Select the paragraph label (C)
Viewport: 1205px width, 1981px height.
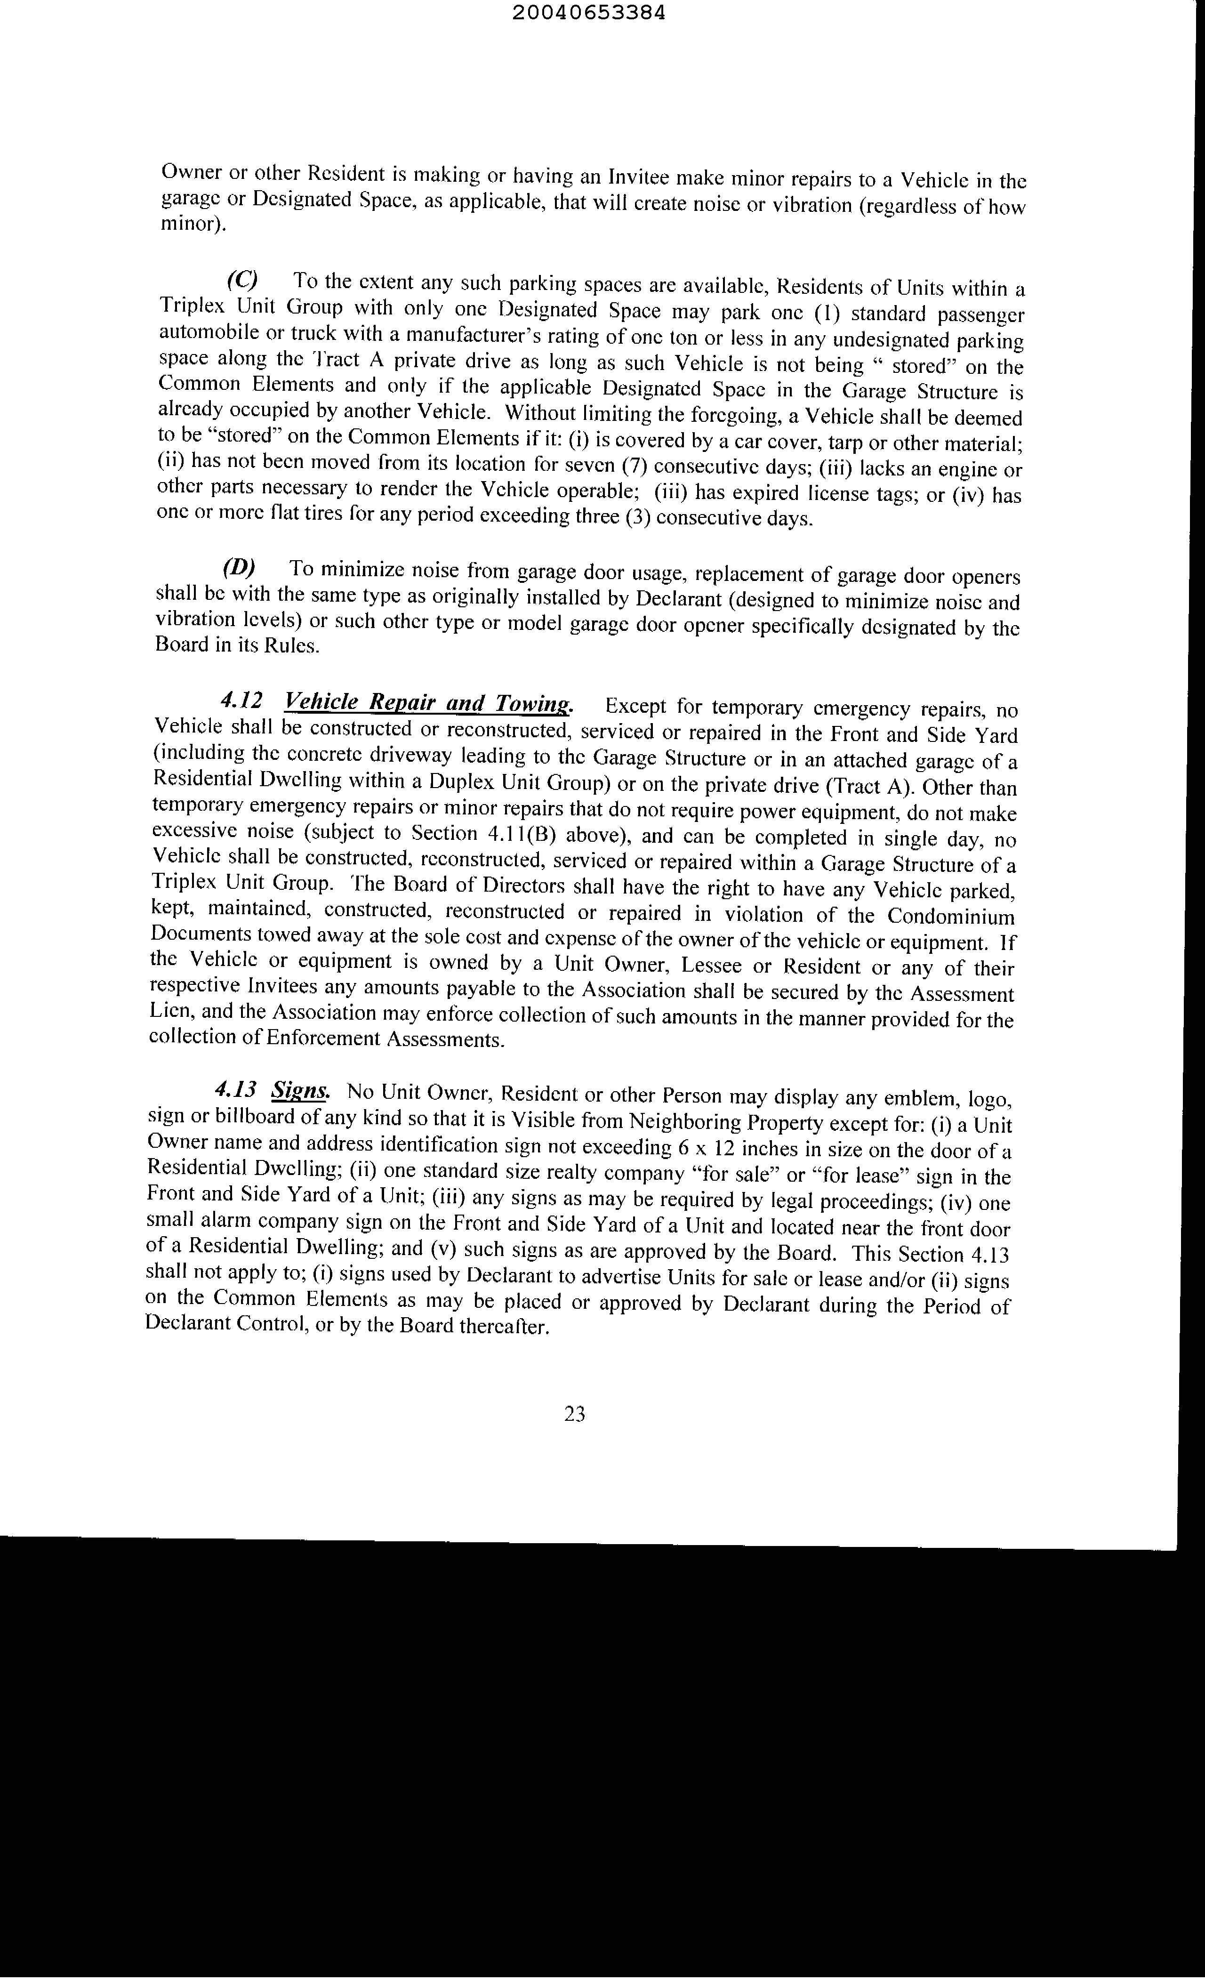tap(242, 279)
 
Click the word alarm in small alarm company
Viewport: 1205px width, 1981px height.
tap(221, 1220)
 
